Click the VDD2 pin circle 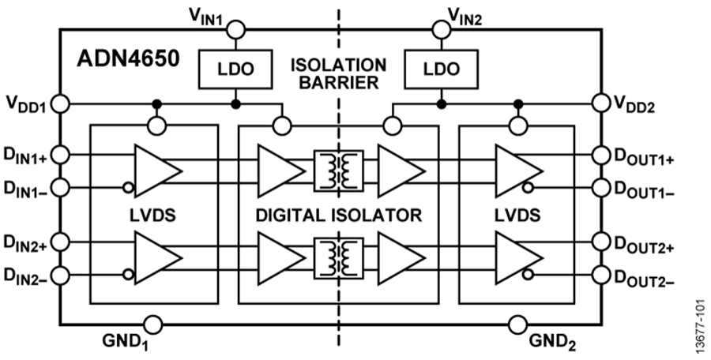[600, 103]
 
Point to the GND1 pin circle [154, 324]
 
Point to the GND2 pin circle [519, 324]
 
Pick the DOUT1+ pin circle [600, 154]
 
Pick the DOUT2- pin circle [600, 275]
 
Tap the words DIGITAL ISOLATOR [337, 214]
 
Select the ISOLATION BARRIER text [338, 73]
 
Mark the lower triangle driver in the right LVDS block [517, 257]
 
